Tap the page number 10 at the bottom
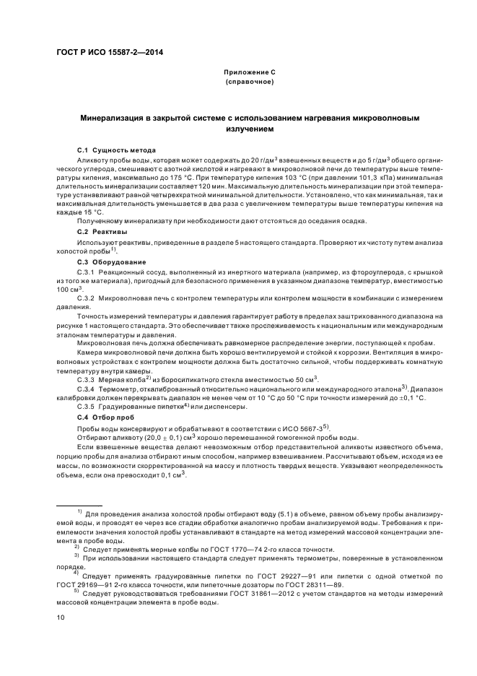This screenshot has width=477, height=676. click(61, 617)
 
